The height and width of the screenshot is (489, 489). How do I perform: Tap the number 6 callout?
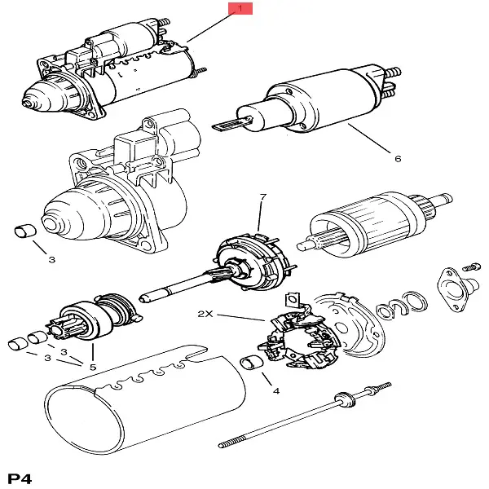pyautogui.click(x=397, y=159)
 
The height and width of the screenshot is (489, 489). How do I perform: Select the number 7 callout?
pyautogui.click(x=262, y=198)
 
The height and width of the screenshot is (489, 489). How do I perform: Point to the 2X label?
pyautogui.click(x=205, y=314)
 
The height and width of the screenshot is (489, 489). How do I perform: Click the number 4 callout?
pyautogui.click(x=275, y=391)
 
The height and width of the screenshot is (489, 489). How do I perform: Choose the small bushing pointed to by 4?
pyautogui.click(x=253, y=363)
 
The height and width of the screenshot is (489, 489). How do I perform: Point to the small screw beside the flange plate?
pyautogui.click(x=471, y=266)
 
